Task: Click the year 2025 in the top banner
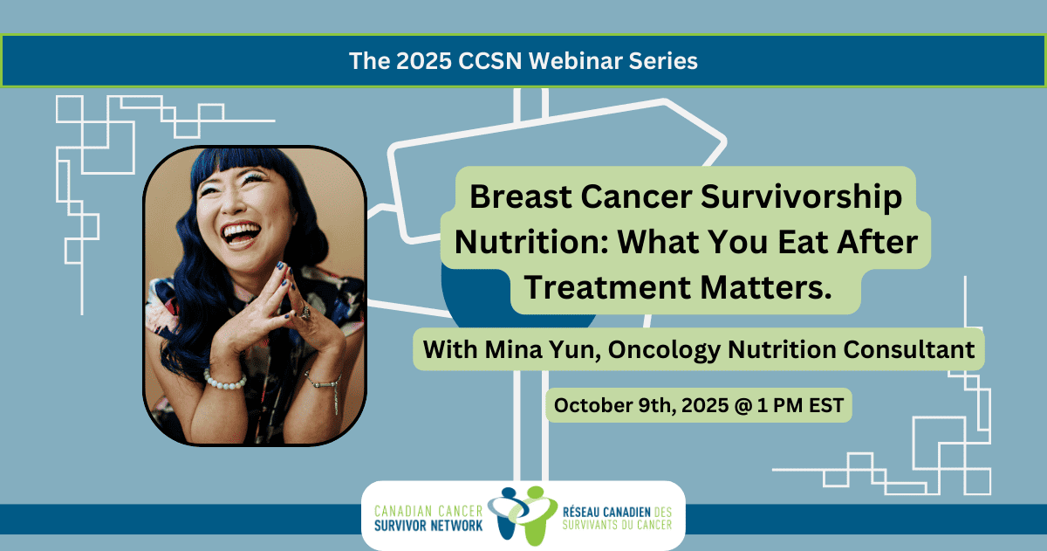click(x=424, y=61)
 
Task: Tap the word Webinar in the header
click(x=575, y=61)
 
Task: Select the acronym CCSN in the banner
click(x=489, y=61)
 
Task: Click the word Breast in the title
click(x=521, y=196)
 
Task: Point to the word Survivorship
click(x=801, y=198)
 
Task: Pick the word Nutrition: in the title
click(x=531, y=242)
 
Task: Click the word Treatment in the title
click(x=607, y=286)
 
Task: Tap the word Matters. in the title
click(x=766, y=286)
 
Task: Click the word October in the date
click(x=592, y=405)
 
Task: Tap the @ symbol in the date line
click(x=743, y=405)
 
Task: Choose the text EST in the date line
click(x=826, y=405)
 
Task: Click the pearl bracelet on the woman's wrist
click(x=225, y=380)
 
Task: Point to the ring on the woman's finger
click(x=305, y=312)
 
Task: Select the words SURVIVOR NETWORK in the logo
click(x=428, y=526)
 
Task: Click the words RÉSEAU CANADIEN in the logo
click(x=606, y=513)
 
